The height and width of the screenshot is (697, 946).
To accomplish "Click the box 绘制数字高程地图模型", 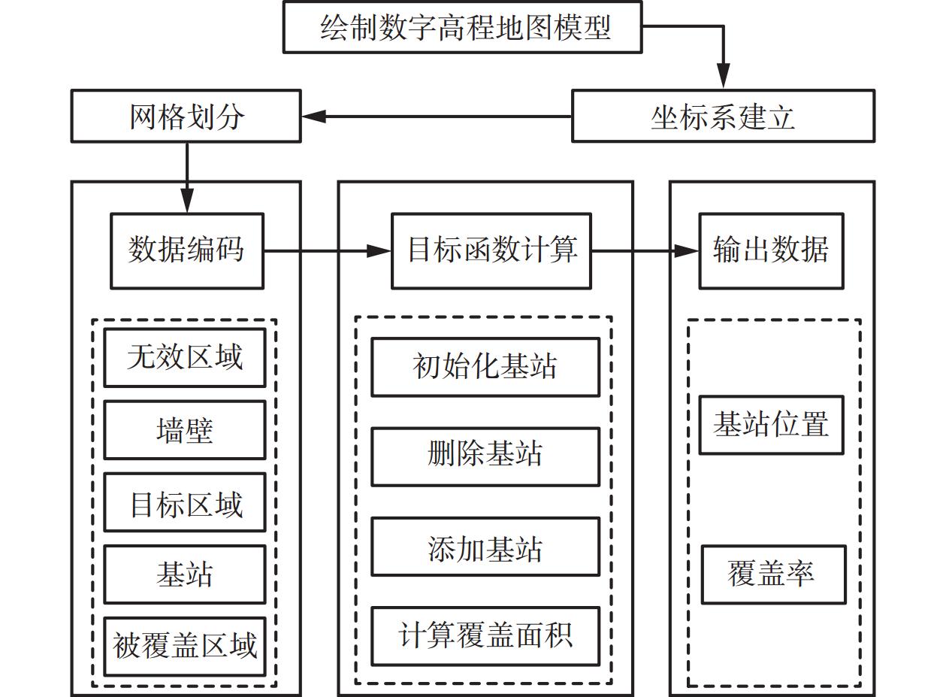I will click(462, 27).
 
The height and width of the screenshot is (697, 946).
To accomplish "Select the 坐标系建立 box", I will click(723, 116).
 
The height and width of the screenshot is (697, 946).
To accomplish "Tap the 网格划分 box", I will click(186, 116).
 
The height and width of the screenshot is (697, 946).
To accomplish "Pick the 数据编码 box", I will click(187, 250).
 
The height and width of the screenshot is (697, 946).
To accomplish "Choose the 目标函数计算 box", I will click(491, 250).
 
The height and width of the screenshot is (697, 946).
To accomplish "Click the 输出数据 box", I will click(771, 250).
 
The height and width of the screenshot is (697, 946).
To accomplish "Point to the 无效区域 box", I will click(185, 357).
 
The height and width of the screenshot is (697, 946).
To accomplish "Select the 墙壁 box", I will click(185, 429).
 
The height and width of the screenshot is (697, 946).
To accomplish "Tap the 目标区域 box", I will click(185, 502).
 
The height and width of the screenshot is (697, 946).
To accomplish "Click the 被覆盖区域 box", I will click(185, 647).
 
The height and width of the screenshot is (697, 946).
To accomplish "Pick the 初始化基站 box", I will click(485, 367).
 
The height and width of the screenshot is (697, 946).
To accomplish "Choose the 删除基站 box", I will click(485, 456).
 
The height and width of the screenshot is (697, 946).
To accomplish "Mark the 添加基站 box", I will click(485, 547).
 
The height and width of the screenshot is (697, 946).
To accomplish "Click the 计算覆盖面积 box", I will click(485, 636).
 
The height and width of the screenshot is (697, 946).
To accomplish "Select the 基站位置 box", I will click(771, 425).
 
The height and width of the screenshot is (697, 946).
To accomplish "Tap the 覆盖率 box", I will click(773, 574).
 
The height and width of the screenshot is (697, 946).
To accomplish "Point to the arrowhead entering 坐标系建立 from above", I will click(723, 80).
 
